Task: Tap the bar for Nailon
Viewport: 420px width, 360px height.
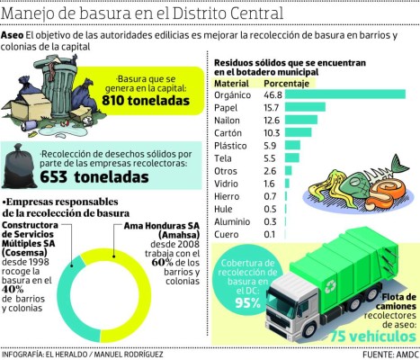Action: point(300,119)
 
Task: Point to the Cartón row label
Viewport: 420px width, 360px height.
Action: point(228,131)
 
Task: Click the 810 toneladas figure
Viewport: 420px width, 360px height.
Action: point(143,100)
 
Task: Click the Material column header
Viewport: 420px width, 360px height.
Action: point(231,82)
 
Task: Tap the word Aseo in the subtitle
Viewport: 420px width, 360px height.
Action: point(13,33)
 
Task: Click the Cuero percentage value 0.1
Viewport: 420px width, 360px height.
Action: point(269,233)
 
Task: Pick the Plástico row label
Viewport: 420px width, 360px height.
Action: point(230,144)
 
